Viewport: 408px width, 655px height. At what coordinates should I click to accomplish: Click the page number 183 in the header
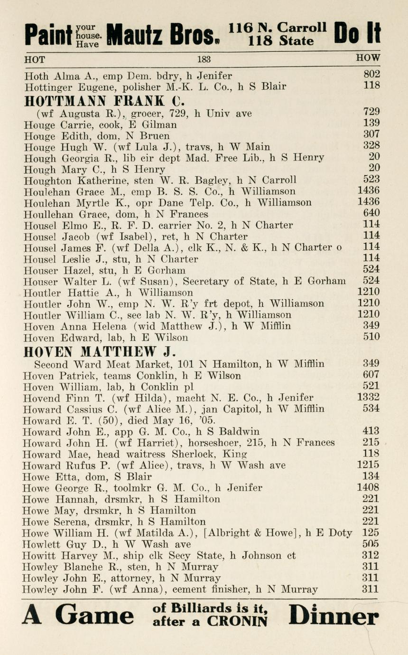(x=204, y=59)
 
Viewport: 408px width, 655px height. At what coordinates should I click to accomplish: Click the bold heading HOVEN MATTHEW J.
(x=100, y=352)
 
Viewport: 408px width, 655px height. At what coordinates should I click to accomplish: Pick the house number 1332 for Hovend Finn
(x=368, y=398)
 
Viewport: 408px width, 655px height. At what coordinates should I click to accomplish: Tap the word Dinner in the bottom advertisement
(x=334, y=617)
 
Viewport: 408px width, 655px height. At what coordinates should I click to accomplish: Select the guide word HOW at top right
(x=368, y=58)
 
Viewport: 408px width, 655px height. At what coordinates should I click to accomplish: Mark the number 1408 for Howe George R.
(x=368, y=487)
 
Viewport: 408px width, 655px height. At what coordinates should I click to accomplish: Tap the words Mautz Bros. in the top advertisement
(x=164, y=34)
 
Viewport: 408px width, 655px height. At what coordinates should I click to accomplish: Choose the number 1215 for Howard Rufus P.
(x=368, y=465)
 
